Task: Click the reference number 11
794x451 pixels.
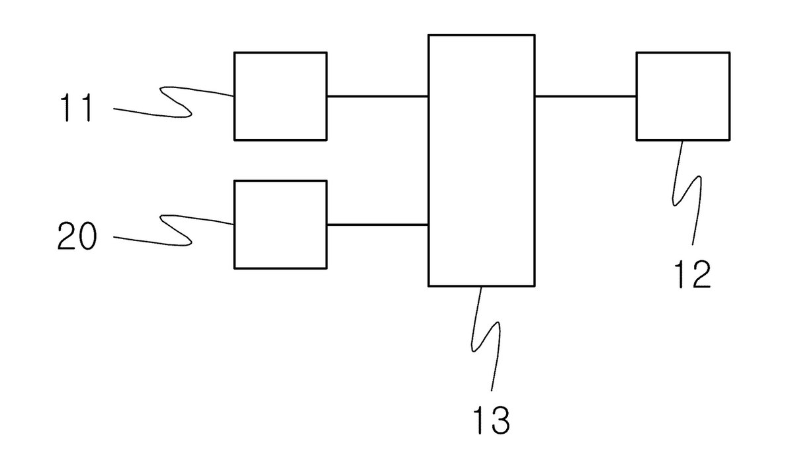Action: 77,107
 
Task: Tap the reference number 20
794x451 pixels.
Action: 77,236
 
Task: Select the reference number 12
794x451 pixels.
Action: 693,274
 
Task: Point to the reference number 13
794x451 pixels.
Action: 492,420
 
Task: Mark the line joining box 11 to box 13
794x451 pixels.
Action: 378,96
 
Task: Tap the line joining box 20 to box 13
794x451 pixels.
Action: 378,225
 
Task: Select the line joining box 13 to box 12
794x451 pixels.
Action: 586,96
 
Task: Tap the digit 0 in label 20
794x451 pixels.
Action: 87,236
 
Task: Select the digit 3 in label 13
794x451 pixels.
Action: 500,420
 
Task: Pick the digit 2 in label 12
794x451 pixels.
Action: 701,274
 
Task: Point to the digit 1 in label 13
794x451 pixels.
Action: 478,420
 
